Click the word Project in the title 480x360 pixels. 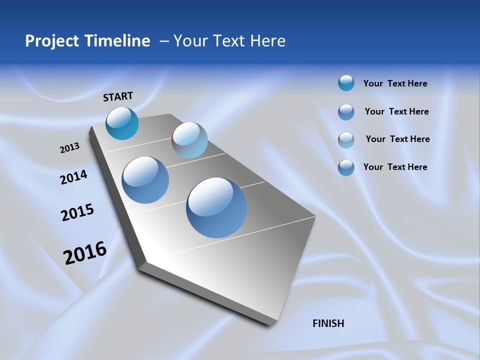[x=52, y=41]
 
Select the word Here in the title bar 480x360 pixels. [x=267, y=41]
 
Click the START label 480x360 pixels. [x=118, y=96]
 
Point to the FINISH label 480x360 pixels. [x=328, y=323]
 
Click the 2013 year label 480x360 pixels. [x=69, y=147]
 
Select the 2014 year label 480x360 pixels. [x=73, y=177]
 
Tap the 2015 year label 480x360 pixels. [x=77, y=212]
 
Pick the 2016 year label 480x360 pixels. [x=85, y=253]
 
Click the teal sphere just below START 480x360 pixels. [x=122, y=123]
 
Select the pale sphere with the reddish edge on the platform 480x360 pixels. [x=189, y=140]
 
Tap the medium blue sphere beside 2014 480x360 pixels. [x=145, y=180]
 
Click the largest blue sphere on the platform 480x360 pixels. [x=216, y=207]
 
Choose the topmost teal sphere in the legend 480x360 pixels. [x=346, y=83]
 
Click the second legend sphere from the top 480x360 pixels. [x=346, y=112]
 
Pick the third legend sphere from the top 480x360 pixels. [x=346, y=140]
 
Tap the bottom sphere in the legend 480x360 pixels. [x=346, y=167]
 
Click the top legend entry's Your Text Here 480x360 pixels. [x=395, y=83]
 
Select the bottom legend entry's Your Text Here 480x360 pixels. [x=395, y=167]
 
